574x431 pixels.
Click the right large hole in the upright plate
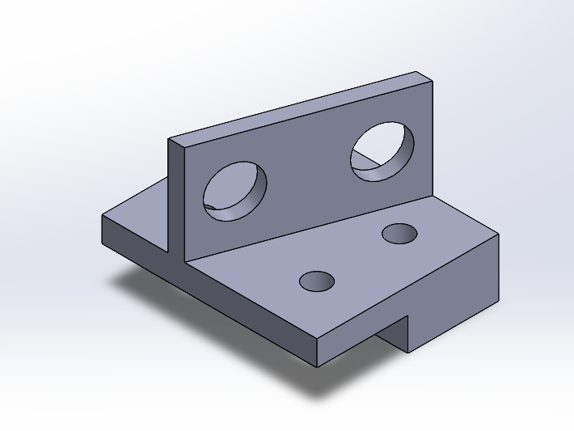(x=382, y=151)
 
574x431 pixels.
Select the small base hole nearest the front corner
(x=317, y=281)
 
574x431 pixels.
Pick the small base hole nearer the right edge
(x=400, y=234)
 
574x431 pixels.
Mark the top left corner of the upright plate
(x=169, y=140)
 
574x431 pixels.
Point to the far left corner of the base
(x=102, y=217)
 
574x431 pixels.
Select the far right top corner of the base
(x=499, y=234)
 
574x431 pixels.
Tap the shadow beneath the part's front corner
(x=323, y=384)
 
